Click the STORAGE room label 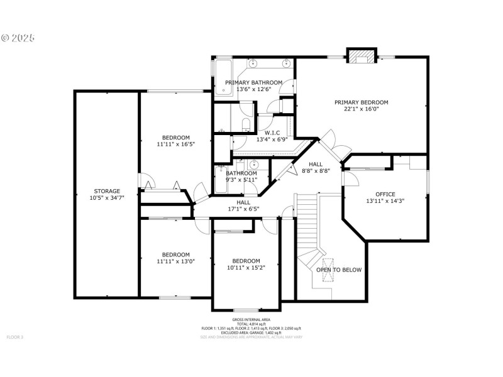(107, 191)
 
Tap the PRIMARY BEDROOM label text (361, 102)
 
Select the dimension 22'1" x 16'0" (361, 109)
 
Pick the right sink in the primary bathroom (287, 63)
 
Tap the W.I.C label (272, 133)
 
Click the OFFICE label (385, 194)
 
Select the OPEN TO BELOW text (339, 270)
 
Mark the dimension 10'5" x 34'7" (107, 198)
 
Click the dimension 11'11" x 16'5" (176, 145)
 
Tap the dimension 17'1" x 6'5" (244, 209)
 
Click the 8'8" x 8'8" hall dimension (316, 171)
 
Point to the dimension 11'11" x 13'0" (176, 261)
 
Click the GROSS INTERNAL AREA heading (251, 320)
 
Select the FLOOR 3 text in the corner (14, 337)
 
